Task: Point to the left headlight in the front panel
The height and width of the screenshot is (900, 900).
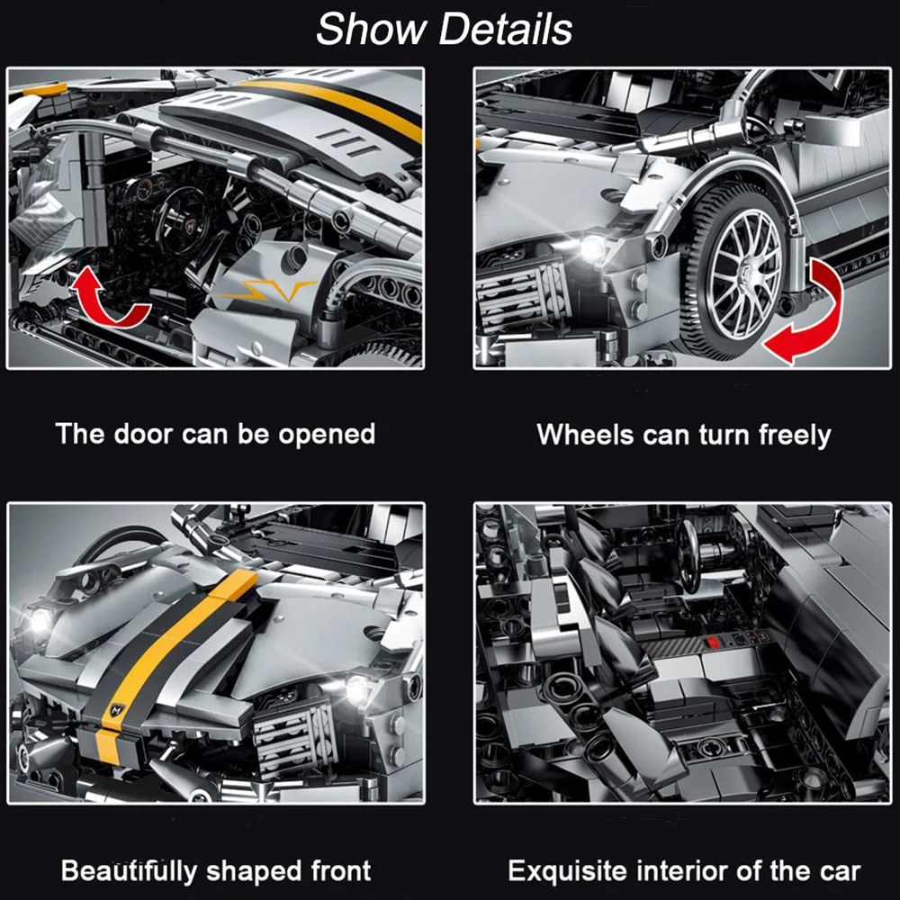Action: coord(40,621)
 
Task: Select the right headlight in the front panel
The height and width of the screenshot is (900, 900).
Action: coord(357,688)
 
